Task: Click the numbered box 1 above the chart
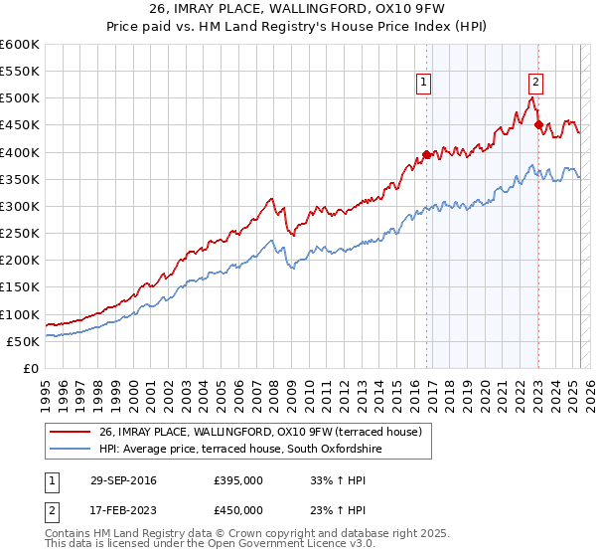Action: (424, 84)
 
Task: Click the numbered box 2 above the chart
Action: (535, 84)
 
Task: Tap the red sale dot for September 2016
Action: (427, 154)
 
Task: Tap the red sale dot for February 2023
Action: (539, 125)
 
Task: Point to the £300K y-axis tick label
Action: (20, 206)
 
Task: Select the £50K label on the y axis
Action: (24, 341)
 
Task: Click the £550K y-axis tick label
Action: (20, 72)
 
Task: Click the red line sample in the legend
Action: (72, 432)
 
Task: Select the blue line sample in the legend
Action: (72, 450)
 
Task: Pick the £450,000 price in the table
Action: (238, 509)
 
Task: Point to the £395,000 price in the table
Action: (238, 480)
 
